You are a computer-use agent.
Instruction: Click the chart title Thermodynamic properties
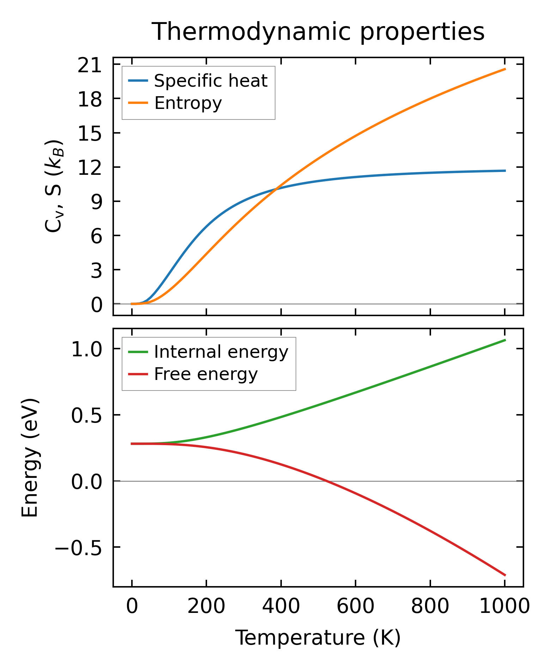[x=318, y=32]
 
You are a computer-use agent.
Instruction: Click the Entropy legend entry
[x=188, y=103]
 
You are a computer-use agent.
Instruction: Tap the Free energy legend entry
[x=206, y=374]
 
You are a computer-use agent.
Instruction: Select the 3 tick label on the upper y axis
[x=96, y=270]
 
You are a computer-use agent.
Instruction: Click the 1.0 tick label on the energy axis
[x=87, y=350]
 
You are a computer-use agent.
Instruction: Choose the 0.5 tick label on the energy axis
[x=87, y=416]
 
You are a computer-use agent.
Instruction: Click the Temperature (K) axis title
[x=318, y=638]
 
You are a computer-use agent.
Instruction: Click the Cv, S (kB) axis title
[x=54, y=186]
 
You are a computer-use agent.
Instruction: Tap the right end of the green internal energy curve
[x=505, y=340]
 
